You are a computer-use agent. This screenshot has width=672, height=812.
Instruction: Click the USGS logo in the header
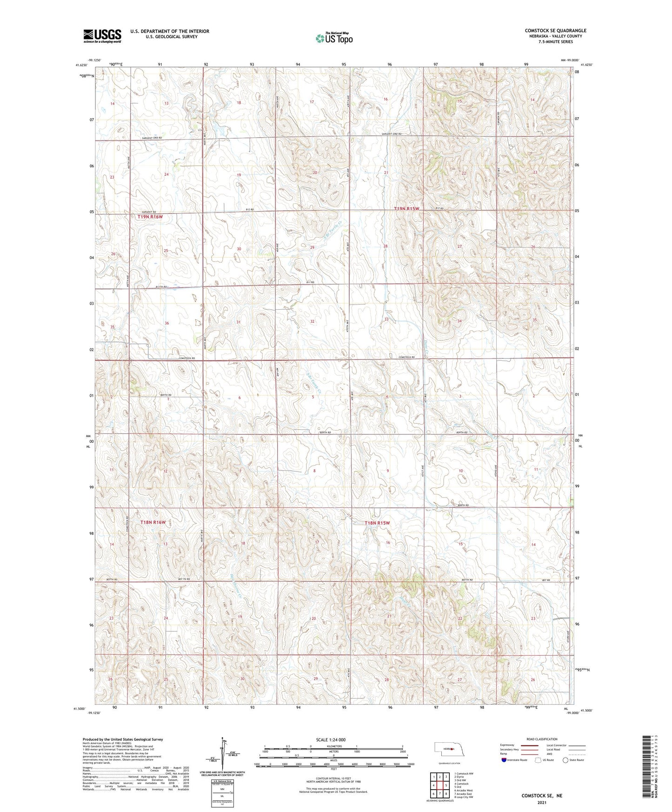point(102,36)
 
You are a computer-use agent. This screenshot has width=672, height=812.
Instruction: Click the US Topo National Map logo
point(333,38)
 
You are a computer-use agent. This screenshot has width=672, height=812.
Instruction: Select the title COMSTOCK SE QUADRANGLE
point(555,31)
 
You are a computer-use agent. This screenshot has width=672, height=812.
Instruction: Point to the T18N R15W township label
point(377,523)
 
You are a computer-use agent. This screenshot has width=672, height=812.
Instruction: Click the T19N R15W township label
point(406,209)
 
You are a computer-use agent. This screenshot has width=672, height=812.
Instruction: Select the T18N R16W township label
point(153,522)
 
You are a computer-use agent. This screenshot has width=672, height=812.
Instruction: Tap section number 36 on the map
point(166,323)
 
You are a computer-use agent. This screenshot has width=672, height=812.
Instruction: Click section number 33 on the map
point(386,319)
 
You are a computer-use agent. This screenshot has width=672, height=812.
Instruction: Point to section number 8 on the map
point(314,471)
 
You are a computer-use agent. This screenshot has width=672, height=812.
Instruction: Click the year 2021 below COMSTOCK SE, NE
point(541,803)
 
